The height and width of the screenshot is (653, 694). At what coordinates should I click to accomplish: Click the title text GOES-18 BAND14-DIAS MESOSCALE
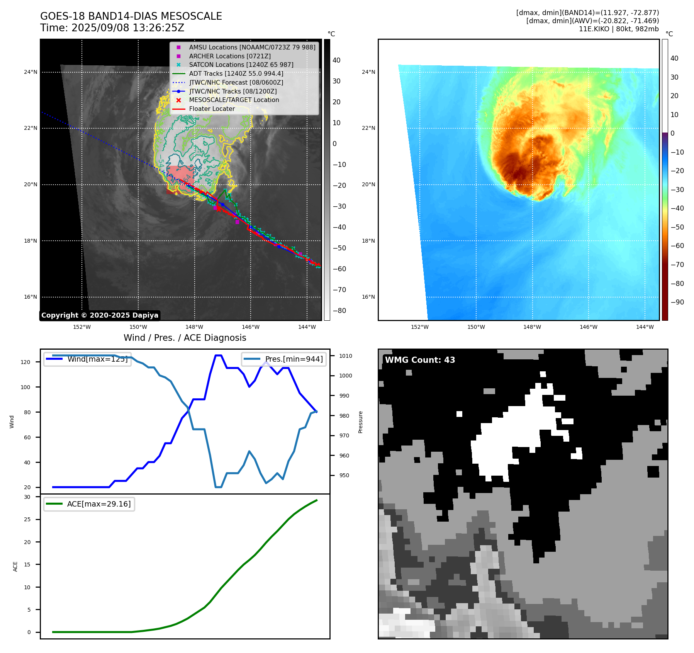coord(131,16)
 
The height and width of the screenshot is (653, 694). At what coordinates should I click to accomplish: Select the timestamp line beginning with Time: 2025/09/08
coord(112,28)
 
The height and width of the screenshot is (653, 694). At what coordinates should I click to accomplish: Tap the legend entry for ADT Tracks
coord(236,73)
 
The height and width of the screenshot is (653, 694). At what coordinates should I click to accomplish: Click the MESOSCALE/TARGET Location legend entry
coord(234,100)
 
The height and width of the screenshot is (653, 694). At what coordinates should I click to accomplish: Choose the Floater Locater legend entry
coord(212,109)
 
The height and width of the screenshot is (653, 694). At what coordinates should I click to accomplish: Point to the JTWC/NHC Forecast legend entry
coord(236,82)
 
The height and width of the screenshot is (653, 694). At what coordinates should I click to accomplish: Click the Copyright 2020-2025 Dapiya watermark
coord(100,315)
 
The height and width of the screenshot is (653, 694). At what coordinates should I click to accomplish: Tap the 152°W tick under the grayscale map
coord(82,327)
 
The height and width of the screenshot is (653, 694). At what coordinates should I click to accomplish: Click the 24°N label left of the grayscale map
coord(31,72)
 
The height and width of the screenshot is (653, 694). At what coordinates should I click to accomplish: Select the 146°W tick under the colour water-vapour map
coord(589,327)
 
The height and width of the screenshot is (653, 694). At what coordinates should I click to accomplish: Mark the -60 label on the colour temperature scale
coord(677,246)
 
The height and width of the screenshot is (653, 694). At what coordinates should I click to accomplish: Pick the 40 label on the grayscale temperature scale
coord(336,60)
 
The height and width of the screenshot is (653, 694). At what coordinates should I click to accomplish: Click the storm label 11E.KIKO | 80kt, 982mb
coord(619,29)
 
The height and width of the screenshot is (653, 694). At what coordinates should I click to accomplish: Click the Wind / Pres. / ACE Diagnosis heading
coord(185,338)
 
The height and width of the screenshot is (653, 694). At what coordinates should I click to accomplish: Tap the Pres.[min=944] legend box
coord(284,359)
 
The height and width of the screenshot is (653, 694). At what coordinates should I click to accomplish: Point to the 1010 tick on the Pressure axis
coord(346,356)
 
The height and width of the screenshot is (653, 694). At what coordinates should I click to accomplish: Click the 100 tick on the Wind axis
coord(25,387)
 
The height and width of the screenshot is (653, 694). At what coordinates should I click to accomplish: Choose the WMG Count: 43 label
coord(420,360)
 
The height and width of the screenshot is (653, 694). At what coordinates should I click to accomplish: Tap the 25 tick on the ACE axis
coord(27,519)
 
